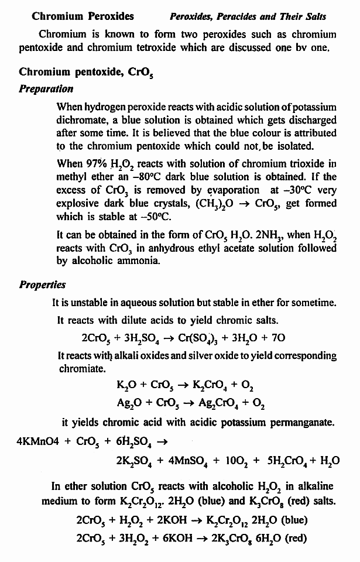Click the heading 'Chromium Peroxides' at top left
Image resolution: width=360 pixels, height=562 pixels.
[83, 16]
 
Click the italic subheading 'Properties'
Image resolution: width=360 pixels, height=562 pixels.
[42, 285]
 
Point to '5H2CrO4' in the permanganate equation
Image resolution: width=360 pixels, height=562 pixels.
[290, 461]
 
